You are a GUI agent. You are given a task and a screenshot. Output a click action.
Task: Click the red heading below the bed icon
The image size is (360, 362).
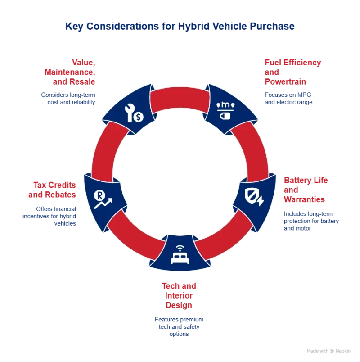click(180, 295)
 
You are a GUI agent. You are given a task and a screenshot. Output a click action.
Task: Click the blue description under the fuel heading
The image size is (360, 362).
click(288, 98)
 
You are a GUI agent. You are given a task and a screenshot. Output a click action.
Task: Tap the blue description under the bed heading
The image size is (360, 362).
click(180, 327)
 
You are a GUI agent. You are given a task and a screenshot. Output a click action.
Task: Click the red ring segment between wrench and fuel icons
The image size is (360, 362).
click(180, 96)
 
